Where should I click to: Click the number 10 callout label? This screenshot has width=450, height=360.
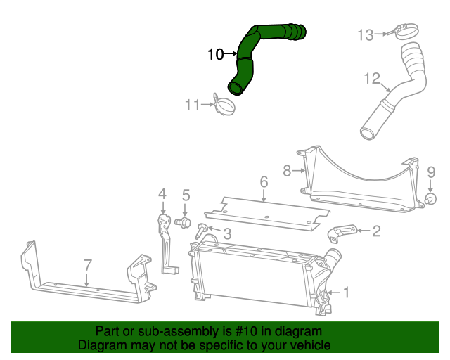tap(215, 53)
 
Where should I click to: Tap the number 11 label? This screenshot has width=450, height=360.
tap(193, 105)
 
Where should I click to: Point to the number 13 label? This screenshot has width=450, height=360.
tap(366, 34)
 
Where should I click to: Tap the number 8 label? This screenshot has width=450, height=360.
tap(287, 169)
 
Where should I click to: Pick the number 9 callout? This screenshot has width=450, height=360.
tap(431, 172)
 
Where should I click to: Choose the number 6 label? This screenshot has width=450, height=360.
tap(264, 183)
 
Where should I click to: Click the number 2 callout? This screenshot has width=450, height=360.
tap(376, 230)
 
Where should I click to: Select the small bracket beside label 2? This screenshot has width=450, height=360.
tap(342, 232)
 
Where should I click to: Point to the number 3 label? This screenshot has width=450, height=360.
tap(227, 233)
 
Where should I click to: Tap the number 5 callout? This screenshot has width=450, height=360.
tap(186, 195)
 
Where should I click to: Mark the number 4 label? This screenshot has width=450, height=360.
tap(162, 193)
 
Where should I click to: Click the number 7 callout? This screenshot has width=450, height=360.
tap(88, 265)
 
